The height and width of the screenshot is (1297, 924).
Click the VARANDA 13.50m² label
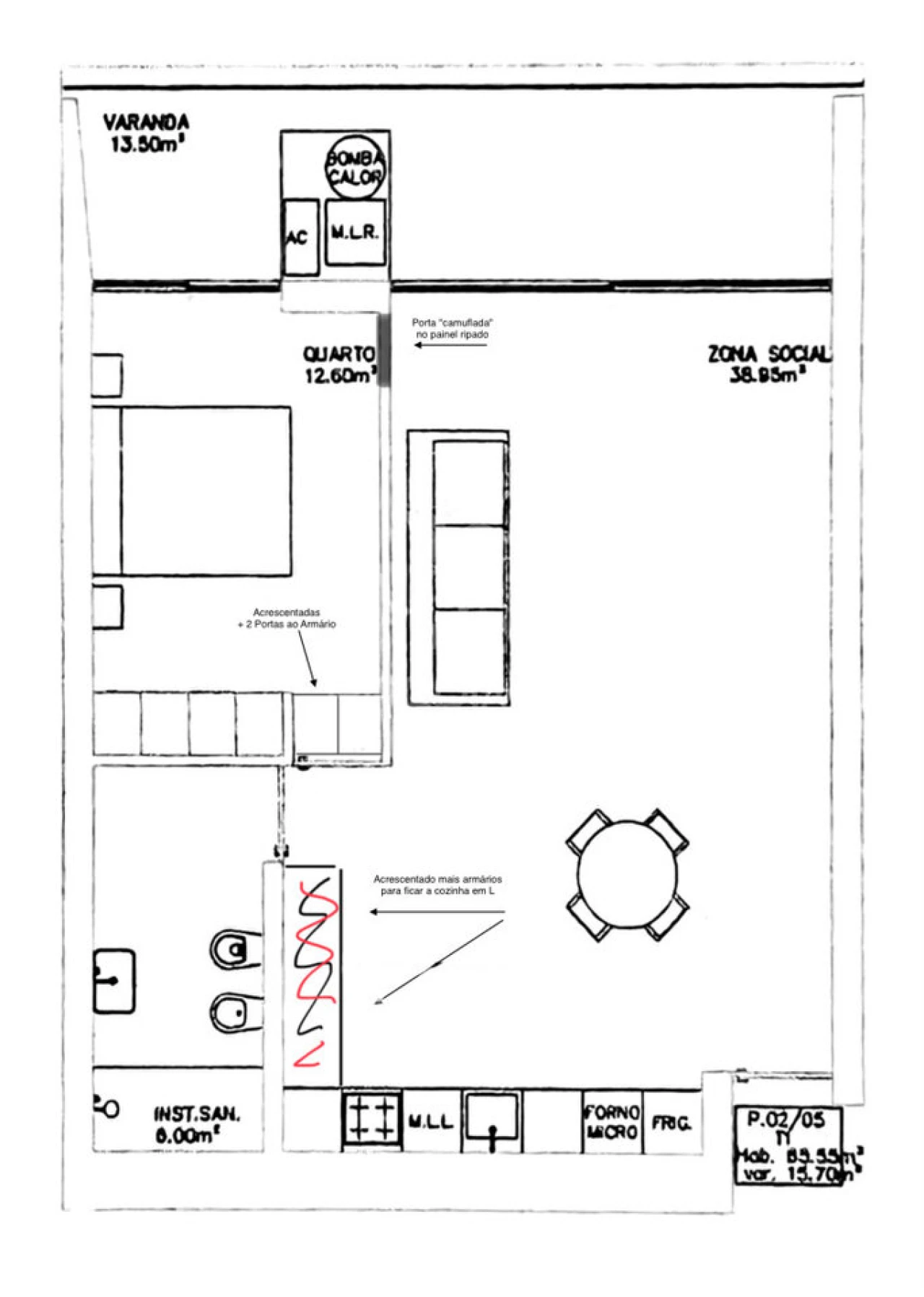tap(147, 133)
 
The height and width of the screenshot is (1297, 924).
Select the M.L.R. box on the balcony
tap(354, 232)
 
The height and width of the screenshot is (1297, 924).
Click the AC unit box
tap(300, 237)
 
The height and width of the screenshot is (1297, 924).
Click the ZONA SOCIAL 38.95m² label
tap(768, 364)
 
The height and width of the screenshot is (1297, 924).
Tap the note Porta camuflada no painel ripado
tap(452, 329)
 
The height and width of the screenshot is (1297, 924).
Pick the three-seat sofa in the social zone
tap(459, 567)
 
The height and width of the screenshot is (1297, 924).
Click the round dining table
tap(627, 874)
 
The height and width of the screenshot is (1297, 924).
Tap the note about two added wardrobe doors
tap(287, 619)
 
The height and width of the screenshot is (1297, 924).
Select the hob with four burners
tap(371, 1119)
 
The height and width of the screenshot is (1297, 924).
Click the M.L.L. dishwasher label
tap(430, 1121)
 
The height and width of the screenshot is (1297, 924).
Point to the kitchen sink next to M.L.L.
tap(492, 1119)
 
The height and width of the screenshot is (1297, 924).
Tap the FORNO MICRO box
tap(611, 1122)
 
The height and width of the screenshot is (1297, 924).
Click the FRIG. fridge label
tap(671, 1123)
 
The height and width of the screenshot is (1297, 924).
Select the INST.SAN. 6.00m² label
tap(196, 1124)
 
